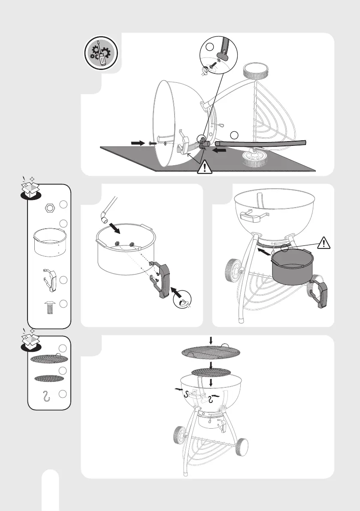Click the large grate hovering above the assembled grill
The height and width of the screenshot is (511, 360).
coord(210,353)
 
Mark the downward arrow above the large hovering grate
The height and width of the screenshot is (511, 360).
coord(210,340)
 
